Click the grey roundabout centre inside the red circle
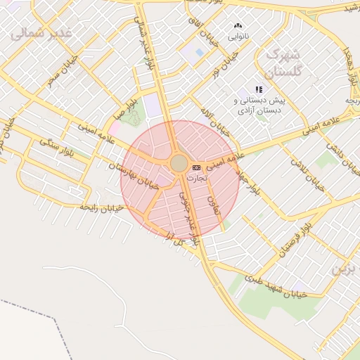click(x=179, y=164)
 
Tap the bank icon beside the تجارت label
click(x=196, y=167)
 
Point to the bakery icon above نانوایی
click(x=238, y=25)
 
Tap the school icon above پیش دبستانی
click(x=259, y=89)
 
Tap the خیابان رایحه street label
click(x=101, y=207)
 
